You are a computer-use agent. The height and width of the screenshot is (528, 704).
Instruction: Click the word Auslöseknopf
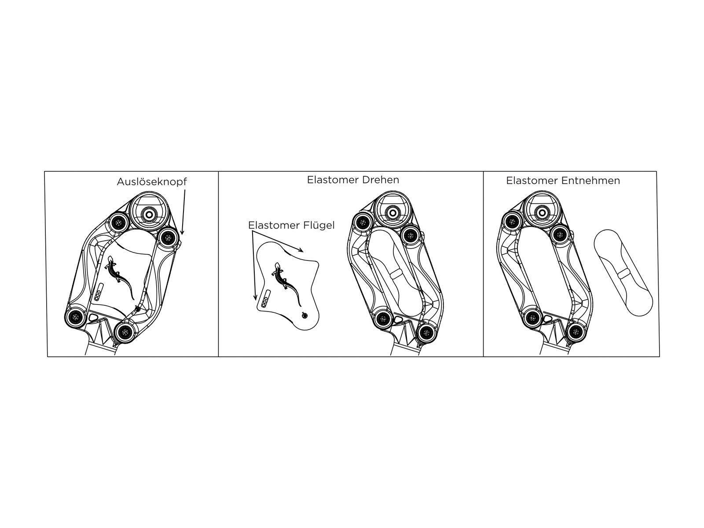tap(152, 182)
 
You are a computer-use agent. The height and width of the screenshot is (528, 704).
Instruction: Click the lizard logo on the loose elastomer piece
tap(287, 284)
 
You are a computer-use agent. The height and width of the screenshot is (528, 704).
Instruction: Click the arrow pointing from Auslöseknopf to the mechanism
tap(183, 212)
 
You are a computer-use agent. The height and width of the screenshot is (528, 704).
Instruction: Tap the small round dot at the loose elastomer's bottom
tap(305, 316)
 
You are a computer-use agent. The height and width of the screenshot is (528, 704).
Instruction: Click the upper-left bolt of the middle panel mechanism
tap(362, 222)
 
